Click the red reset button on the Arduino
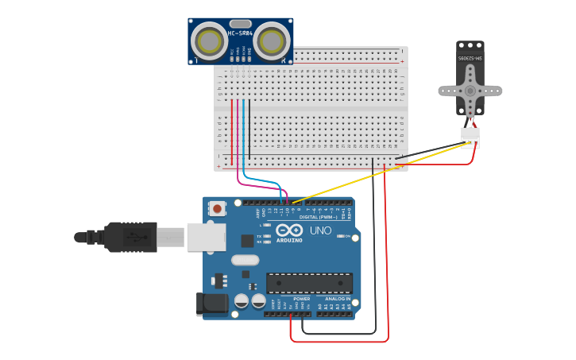(217, 209)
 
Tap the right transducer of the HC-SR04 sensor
(273, 40)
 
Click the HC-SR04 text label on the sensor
(242, 33)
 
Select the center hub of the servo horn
(470, 90)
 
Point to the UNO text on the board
(320, 230)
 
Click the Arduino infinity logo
(289, 231)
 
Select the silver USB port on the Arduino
(206, 237)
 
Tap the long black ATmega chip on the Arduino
(309, 283)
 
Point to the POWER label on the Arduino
(302, 299)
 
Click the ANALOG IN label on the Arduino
(338, 299)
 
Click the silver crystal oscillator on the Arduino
(245, 260)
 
